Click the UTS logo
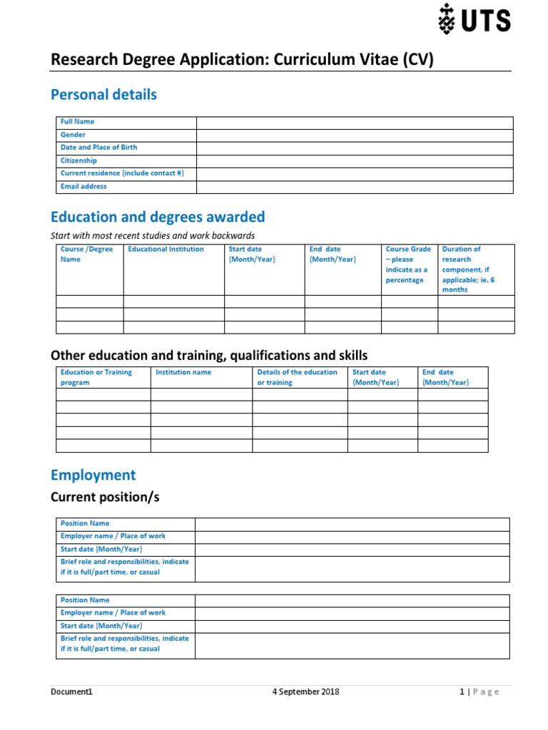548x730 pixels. point(474,19)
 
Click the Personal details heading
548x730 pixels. point(103,95)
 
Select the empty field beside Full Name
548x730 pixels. point(355,123)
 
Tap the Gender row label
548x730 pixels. point(73,135)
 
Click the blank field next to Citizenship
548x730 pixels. point(355,161)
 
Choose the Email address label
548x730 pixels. point(83,187)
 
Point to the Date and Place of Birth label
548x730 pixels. point(98,148)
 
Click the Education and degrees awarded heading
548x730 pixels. point(158,217)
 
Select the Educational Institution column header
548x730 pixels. point(166,250)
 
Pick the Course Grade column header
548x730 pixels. point(408,264)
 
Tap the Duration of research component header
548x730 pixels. point(468,269)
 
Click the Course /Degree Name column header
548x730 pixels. point(86,255)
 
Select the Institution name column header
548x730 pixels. point(183,372)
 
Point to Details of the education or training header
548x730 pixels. point(297,377)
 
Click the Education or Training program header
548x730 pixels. point(96,377)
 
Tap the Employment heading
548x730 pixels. point(93,475)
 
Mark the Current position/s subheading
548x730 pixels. point(105,497)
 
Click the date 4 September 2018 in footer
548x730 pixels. point(306,692)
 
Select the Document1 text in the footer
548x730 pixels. point(71,692)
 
